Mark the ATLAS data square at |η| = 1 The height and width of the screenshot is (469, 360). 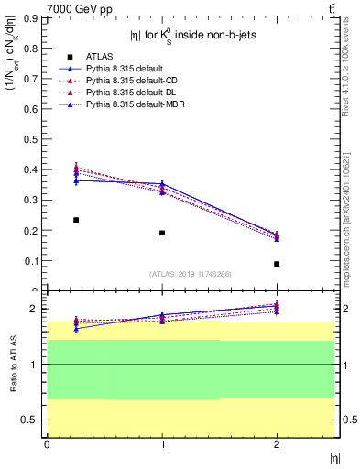tap(162, 233)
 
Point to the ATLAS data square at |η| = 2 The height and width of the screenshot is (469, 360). tap(277, 264)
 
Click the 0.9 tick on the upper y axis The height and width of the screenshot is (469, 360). tap(35, 17)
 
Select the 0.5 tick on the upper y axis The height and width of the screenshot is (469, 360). tap(35, 139)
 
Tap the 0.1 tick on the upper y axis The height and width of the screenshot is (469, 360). tap(35, 261)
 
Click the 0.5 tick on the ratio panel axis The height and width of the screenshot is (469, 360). tap(34, 420)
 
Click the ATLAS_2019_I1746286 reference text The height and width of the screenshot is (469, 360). tap(191, 274)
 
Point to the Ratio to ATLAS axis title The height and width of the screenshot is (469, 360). tap(13, 365)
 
